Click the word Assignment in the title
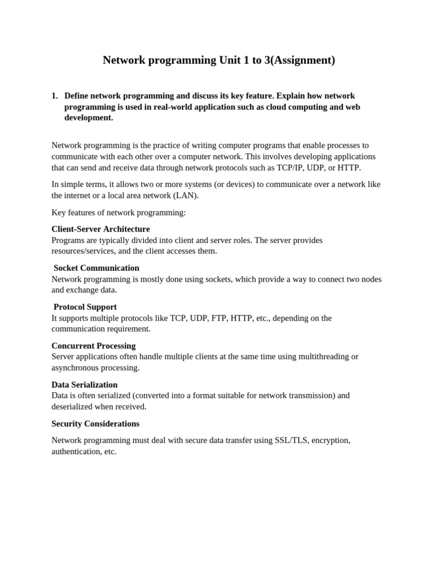point(302,60)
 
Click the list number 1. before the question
point(55,96)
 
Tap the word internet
point(82,195)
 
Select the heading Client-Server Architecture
point(100,229)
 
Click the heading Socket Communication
point(96,268)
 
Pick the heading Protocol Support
point(85,307)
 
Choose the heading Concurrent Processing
point(94,346)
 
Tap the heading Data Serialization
point(84,385)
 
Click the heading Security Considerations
point(95,424)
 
